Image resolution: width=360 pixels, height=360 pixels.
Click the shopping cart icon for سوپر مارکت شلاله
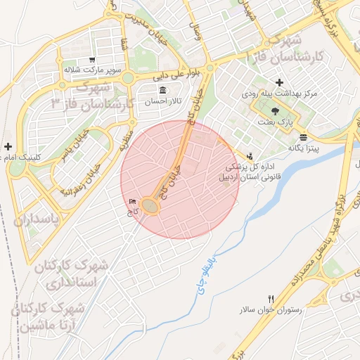pos(92,60)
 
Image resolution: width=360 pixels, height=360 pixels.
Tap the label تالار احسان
pos(163,101)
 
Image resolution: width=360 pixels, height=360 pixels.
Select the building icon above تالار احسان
pos(163,91)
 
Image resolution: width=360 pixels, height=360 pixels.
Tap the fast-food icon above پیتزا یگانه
pos(302,137)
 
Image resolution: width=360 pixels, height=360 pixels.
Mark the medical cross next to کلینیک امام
pos(8,146)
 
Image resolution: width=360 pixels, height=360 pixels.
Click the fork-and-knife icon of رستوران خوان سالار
pos(271,300)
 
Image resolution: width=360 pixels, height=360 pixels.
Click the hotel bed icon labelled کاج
pos(133,202)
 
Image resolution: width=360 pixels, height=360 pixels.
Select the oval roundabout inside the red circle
pos(150,205)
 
